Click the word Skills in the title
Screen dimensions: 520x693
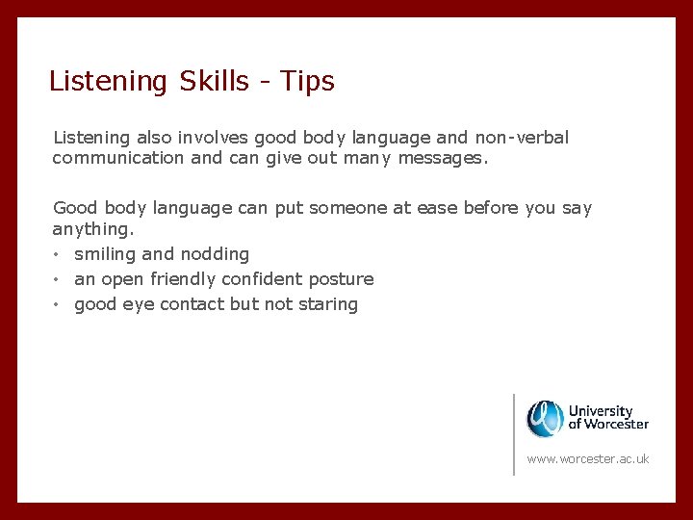pos(214,81)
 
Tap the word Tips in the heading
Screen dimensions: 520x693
pos(307,81)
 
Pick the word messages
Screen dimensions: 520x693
pos(441,158)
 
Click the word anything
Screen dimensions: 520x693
pos(93,230)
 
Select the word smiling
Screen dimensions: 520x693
pos(105,254)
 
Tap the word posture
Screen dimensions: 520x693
pos(341,280)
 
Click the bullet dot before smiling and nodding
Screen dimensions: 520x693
pos(58,254)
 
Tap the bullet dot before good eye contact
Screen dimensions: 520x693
pos(58,304)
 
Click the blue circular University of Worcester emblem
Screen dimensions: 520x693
pos(545,418)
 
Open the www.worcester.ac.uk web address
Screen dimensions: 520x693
pos(588,458)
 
